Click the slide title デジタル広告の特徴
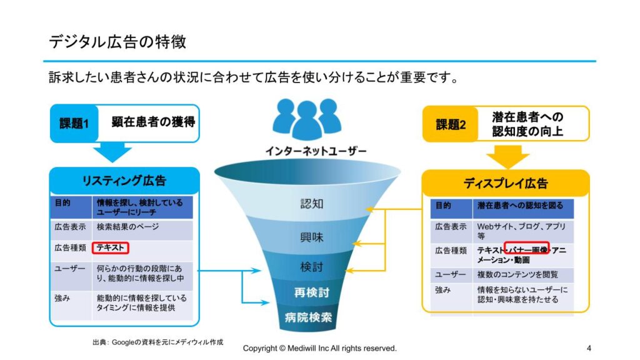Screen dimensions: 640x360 click(117, 42)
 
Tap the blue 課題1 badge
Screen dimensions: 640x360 click(74, 123)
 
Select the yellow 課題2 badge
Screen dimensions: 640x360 click(451, 124)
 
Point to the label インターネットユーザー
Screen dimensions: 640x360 click(316, 151)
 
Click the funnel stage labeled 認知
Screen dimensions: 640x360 click(312, 204)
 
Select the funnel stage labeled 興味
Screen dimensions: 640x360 click(312, 237)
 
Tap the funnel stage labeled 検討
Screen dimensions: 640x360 click(312, 267)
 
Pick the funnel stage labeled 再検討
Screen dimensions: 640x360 click(312, 292)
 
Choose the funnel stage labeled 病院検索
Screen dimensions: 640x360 click(309, 317)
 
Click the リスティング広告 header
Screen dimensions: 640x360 click(124, 181)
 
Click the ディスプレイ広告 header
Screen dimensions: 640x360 click(506, 183)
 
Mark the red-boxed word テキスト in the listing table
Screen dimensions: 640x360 click(110, 247)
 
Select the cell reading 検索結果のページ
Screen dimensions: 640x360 click(127, 227)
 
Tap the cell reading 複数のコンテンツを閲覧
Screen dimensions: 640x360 click(517, 275)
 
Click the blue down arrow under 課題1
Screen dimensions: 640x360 click(112, 152)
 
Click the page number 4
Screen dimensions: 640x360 click(589, 348)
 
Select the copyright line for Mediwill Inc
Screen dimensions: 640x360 click(319, 349)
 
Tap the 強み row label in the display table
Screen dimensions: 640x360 click(443, 290)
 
